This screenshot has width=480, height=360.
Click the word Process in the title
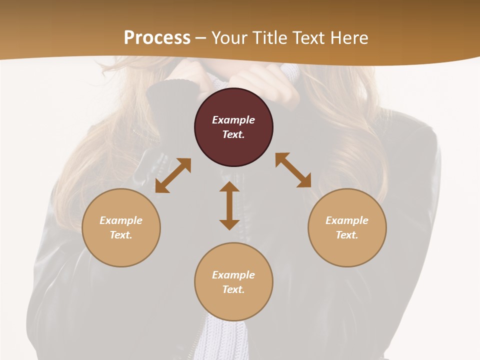157,38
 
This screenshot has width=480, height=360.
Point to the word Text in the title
308,38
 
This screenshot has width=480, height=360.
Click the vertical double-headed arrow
229,205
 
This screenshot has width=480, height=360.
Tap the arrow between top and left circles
173,175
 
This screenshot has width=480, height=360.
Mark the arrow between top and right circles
293,170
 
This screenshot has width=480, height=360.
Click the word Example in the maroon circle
233,120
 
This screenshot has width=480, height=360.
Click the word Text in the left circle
121,235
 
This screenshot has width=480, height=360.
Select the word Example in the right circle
347,220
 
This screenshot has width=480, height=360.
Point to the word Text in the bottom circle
233,289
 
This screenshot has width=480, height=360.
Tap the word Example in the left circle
121,220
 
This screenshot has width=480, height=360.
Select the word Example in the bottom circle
233,275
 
